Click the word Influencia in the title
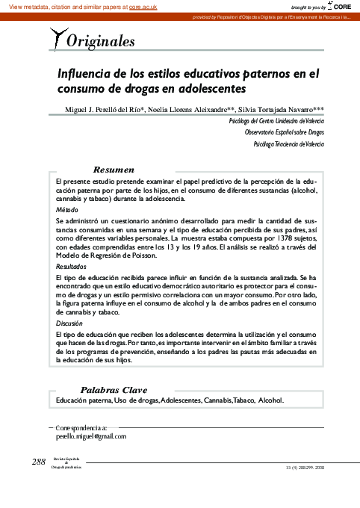point(87,74)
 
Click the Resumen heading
point(114,170)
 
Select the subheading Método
point(66,211)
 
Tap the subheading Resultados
point(71,266)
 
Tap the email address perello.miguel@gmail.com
point(92,436)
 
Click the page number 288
point(39,461)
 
